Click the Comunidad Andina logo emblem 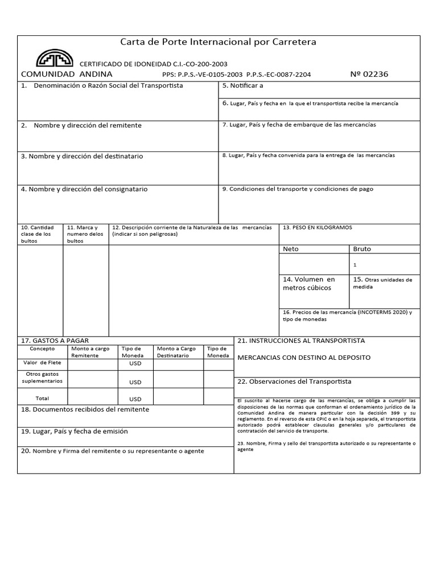click(55, 58)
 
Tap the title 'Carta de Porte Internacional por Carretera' click(218, 42)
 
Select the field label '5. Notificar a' click(242, 86)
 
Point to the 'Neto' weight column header click(290, 249)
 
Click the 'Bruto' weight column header click(362, 249)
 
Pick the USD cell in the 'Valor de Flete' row click(135, 363)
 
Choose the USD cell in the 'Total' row click(135, 399)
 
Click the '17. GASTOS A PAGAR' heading click(55, 340)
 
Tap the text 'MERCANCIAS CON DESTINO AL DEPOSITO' click(303, 358)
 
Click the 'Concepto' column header click(42, 348)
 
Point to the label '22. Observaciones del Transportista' click(294, 381)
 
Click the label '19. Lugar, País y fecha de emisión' click(74, 432)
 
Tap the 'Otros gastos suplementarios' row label click(42, 377)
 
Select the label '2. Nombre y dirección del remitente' click(81, 125)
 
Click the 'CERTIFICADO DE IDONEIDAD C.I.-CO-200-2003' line click(152, 64)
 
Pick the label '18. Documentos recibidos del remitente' click(85, 409)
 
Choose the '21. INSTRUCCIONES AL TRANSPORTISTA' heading click(300, 340)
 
